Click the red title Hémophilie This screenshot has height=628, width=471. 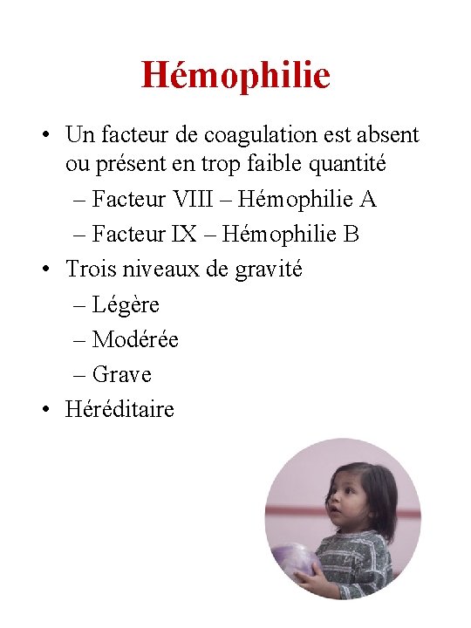[235, 75]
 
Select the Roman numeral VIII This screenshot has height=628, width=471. [197, 200]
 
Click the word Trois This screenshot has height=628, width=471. [88, 269]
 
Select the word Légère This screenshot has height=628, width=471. [126, 304]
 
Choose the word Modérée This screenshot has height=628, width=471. [135, 339]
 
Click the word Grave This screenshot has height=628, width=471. [122, 374]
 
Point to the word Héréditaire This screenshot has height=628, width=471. [119, 409]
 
